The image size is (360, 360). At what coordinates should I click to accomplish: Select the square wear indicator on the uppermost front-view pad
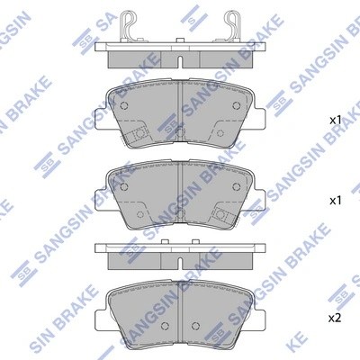point(139,136)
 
